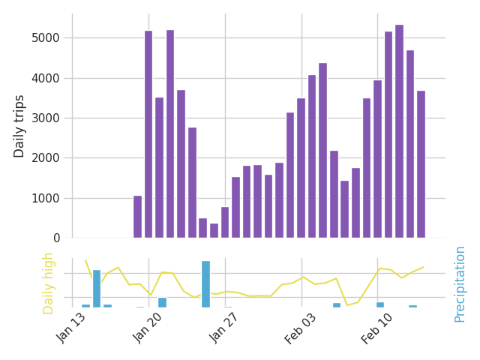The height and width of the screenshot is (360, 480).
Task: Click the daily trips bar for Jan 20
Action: [x=148, y=135]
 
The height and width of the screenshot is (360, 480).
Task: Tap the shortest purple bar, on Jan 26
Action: [x=214, y=231]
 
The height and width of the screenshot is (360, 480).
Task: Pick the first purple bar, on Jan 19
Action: [x=137, y=217]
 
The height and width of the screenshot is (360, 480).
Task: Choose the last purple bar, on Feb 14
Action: [x=421, y=164]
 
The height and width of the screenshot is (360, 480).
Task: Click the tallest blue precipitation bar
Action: [x=205, y=284]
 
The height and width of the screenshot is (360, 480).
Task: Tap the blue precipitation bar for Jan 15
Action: [x=97, y=289]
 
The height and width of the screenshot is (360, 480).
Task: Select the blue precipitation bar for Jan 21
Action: [x=162, y=302]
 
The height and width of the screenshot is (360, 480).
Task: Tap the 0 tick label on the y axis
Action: [x=57, y=238]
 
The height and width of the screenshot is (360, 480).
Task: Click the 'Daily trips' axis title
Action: [x=19, y=126]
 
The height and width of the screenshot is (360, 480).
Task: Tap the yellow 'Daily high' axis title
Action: [x=49, y=283]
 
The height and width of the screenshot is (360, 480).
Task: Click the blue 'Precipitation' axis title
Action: [x=460, y=283]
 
